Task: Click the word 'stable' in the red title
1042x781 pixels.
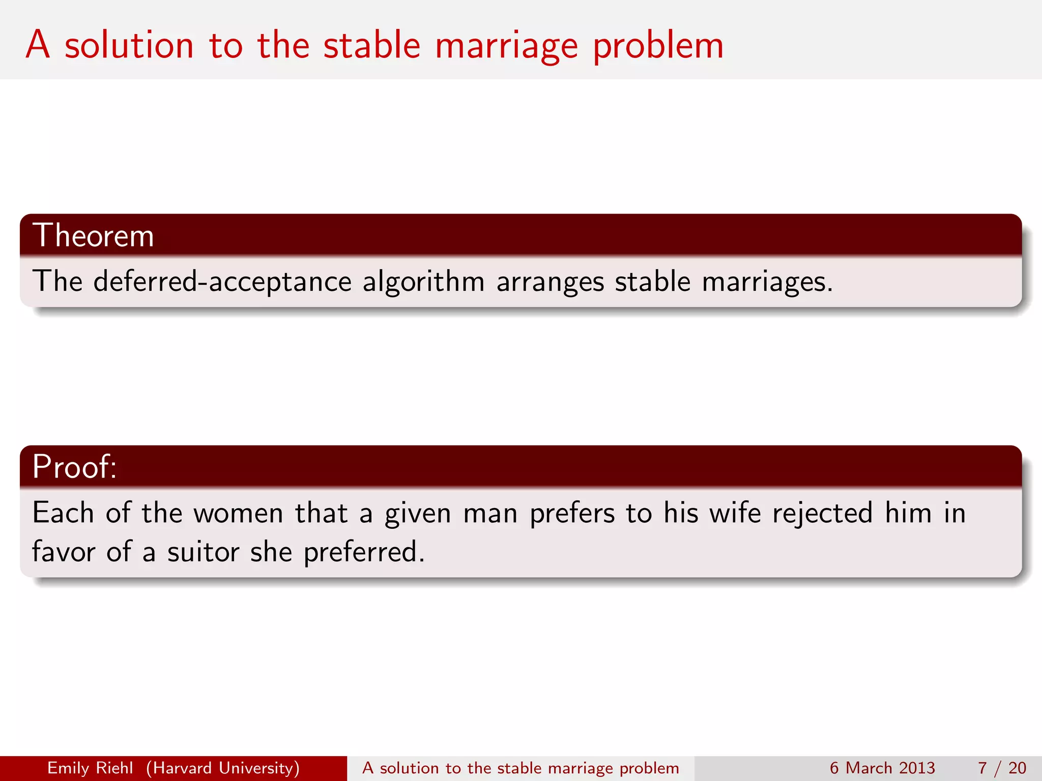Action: [x=372, y=45]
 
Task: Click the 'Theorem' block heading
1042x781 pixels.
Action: [x=93, y=235]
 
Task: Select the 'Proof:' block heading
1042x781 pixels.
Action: [x=74, y=466]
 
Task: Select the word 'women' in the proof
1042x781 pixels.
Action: [x=238, y=513]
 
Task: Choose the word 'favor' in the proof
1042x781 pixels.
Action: [x=64, y=552]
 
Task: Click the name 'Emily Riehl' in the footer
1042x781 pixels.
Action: [x=90, y=768]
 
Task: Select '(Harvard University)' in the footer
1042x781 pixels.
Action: [x=223, y=768]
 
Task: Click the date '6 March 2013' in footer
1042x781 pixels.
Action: [x=882, y=768]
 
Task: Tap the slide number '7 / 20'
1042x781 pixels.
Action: [x=1002, y=768]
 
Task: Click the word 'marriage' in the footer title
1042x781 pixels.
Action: [x=581, y=768]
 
